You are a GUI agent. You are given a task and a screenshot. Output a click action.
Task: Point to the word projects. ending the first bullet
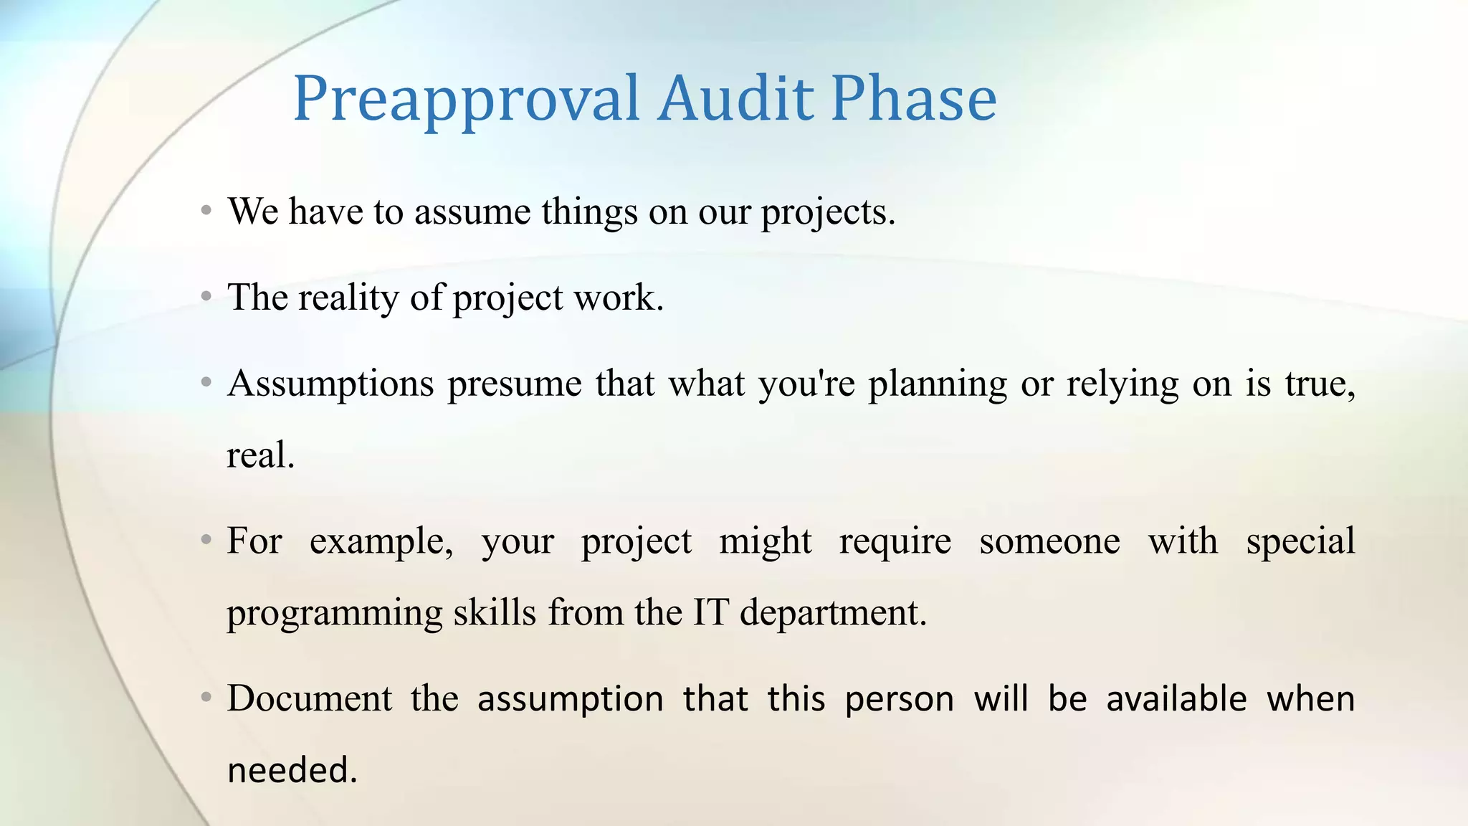(828, 213)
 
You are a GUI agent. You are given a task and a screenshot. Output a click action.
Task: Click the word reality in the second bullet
(348, 298)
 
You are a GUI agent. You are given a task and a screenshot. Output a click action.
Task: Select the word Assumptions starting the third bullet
(330, 384)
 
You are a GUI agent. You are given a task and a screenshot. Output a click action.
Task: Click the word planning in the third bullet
(938, 384)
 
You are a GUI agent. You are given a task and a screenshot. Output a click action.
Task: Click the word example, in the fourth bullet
(381, 541)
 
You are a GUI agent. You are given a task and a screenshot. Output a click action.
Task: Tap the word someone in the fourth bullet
(1049, 541)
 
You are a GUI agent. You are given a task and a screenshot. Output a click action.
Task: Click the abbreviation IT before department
(710, 612)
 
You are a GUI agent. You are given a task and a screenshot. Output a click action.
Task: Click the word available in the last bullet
(1176, 698)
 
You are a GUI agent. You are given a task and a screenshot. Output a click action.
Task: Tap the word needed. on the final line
(292, 770)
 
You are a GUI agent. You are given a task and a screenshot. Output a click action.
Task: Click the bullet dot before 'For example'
(206, 539)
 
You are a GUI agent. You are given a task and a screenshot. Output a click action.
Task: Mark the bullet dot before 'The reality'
(206, 296)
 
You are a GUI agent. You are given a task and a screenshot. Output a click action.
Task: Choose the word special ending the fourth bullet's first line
(1300, 541)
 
